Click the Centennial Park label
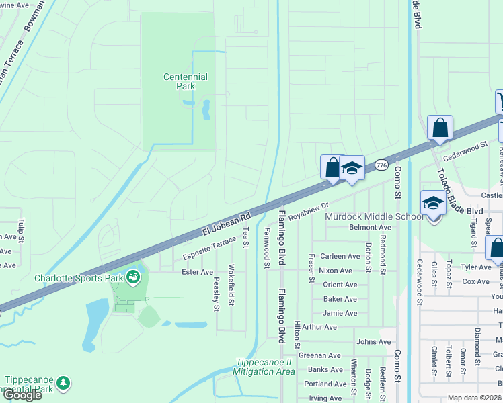pyautogui.click(x=186, y=81)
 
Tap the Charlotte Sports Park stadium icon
pyautogui.click(x=133, y=276)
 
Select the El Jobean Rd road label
pyautogui.click(x=227, y=224)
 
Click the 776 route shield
pyautogui.click(x=381, y=165)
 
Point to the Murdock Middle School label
pyautogui.click(x=374, y=216)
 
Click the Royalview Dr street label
pyautogui.click(x=308, y=212)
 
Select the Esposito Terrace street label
pyautogui.click(x=210, y=249)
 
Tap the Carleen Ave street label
pyautogui.click(x=340, y=256)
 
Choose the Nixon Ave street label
pyautogui.click(x=336, y=271)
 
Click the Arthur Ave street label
pyautogui.click(x=319, y=327)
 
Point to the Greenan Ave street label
pyautogui.click(x=320, y=355)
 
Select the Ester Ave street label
pyautogui.click(x=197, y=272)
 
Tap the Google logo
pyautogui.click(x=22, y=394)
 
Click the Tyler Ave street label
pyautogui.click(x=476, y=267)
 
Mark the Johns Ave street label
pyautogui.click(x=374, y=341)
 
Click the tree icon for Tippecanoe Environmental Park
pyautogui.click(x=63, y=383)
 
